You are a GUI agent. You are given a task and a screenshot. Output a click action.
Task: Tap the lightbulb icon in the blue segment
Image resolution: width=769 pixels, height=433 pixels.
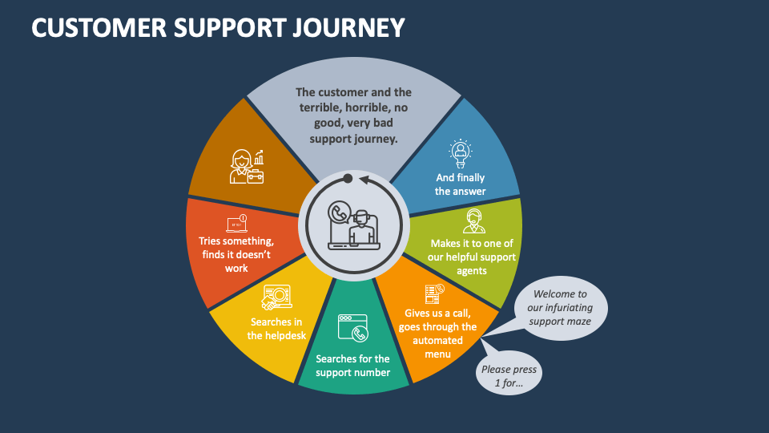tap(461, 152)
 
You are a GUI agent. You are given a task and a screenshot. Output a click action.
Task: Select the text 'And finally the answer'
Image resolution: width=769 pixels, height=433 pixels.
tap(461, 184)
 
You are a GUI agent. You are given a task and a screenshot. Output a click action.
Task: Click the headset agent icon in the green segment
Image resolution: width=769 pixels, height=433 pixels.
tap(473, 221)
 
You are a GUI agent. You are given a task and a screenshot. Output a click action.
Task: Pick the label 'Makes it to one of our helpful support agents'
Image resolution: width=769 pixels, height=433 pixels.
tap(473, 257)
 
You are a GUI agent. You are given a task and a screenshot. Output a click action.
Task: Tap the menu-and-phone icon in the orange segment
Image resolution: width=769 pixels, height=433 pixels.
tap(435, 293)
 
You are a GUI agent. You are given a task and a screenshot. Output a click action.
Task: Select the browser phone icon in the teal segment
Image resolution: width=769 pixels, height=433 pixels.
tap(352, 329)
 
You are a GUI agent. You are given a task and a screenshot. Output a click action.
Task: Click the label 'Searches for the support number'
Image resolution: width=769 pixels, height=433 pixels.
tap(352, 366)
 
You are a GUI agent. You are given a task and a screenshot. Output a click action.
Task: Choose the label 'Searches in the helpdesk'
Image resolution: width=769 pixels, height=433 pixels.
tap(276, 329)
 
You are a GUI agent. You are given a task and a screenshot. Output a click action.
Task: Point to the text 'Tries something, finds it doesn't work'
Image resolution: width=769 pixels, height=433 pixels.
tap(236, 254)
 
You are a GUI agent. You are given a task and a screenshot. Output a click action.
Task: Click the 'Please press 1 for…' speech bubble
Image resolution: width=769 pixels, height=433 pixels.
tap(508, 374)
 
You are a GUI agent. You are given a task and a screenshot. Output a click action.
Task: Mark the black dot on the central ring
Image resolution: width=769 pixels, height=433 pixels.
tap(348, 178)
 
